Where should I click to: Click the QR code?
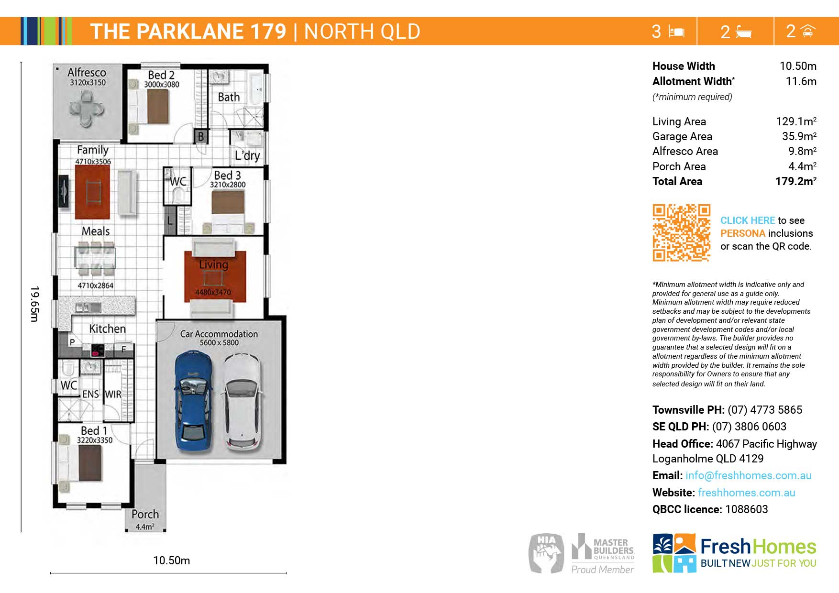[x=681, y=233]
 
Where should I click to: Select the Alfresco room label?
[x=87, y=72]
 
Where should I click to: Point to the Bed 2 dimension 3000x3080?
[x=162, y=85]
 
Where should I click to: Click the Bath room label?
[x=229, y=97]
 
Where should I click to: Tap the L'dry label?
[x=247, y=155]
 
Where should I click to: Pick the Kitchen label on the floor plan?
[x=108, y=329]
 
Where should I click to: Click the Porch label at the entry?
[x=145, y=514]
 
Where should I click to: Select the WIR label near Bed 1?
[x=113, y=395]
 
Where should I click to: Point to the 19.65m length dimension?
[x=34, y=304]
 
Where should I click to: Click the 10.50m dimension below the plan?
[x=171, y=560]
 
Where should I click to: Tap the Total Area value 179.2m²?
[x=796, y=181]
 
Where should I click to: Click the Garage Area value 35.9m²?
[x=799, y=136]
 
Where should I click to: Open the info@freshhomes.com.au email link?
[x=749, y=475]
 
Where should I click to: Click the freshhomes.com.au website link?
[x=747, y=493]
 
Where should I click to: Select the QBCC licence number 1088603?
[x=747, y=509]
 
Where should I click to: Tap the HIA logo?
[x=546, y=553]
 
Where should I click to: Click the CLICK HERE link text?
[x=748, y=220]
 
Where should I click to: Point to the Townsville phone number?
[x=765, y=410]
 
